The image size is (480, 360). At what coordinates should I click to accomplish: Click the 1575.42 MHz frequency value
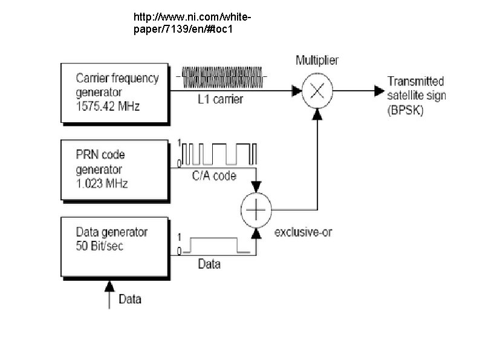108,106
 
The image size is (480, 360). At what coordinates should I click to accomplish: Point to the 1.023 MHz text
102,183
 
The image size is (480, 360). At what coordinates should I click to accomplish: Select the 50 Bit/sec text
100,246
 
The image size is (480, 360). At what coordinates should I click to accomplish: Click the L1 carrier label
221,99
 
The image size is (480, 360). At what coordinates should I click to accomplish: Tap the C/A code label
214,176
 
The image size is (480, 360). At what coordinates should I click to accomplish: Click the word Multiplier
317,60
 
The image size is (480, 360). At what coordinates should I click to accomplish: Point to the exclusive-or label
303,232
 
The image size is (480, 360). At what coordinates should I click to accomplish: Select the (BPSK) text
405,110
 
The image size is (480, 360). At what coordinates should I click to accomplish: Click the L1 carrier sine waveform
222,77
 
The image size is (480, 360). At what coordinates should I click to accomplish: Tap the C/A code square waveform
219,154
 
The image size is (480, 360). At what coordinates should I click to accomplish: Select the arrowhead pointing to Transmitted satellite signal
379,91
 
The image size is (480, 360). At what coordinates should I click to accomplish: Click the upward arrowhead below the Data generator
109,286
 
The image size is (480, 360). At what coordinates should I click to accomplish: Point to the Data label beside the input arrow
130,299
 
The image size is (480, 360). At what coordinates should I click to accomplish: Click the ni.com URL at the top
192,23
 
